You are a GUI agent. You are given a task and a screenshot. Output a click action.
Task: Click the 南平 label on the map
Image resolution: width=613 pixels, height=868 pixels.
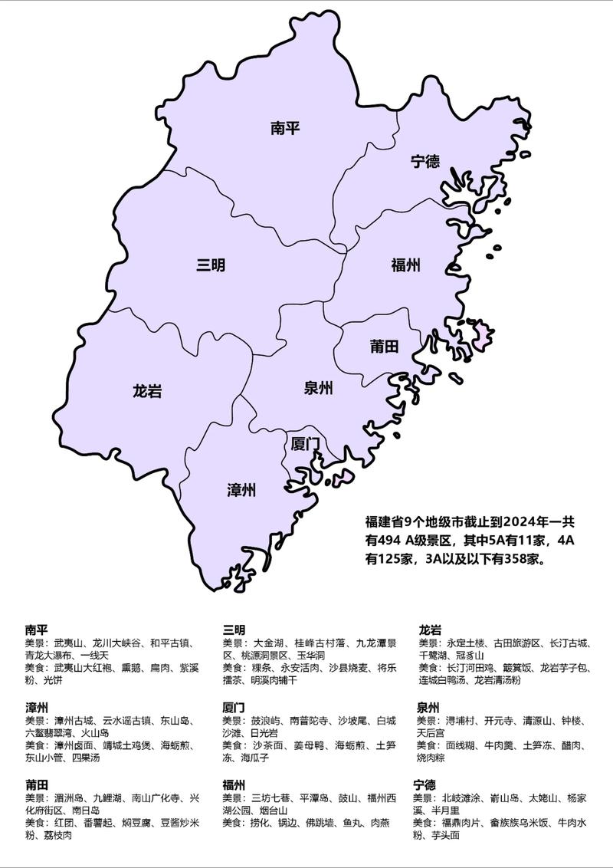click(x=284, y=128)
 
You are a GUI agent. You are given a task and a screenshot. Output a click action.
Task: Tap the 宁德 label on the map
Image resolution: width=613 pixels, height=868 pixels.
click(x=425, y=162)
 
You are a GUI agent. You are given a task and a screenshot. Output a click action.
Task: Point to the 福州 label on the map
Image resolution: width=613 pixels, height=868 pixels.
click(x=406, y=266)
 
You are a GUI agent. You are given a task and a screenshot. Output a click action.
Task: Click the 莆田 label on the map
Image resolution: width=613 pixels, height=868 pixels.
click(x=384, y=347)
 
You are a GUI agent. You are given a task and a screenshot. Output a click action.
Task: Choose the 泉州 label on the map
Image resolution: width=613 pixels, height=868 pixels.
click(x=318, y=389)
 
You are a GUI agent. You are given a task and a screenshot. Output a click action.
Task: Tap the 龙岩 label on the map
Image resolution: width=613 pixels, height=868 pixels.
click(x=147, y=392)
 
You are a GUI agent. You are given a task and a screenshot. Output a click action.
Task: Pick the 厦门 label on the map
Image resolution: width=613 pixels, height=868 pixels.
click(x=305, y=444)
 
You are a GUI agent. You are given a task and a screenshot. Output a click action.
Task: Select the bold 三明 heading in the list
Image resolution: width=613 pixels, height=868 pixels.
click(x=234, y=630)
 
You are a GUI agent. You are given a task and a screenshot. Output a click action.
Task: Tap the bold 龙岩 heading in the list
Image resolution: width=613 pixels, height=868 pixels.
click(x=430, y=630)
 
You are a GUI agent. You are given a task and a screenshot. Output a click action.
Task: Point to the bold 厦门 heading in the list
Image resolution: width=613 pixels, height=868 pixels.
click(x=234, y=707)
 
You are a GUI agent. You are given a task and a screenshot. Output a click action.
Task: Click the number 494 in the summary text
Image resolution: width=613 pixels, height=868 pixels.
click(x=389, y=541)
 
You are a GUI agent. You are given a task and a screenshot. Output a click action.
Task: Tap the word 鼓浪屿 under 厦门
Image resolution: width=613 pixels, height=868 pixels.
click(x=266, y=721)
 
